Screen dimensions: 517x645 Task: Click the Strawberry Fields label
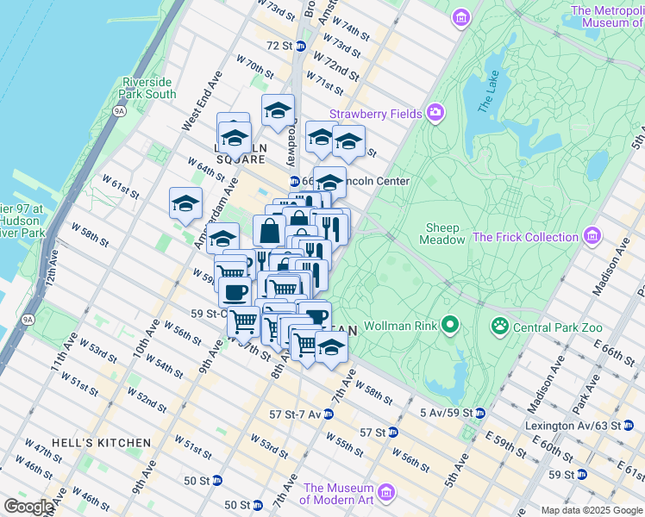pyautogui.click(x=375, y=114)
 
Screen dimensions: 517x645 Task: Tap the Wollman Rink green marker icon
pyautogui.click(x=449, y=326)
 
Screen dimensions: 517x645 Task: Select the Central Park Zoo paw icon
pyautogui.click(x=499, y=326)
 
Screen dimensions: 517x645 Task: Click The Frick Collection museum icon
pyautogui.click(x=592, y=235)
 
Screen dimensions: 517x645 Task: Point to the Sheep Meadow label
pyautogui.click(x=442, y=234)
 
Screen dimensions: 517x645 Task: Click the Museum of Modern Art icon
pyautogui.click(x=385, y=493)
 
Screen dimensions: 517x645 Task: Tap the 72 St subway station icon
pyautogui.click(x=300, y=46)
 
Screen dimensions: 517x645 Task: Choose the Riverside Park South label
pyautogui.click(x=148, y=88)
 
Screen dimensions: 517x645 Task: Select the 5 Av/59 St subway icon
pyautogui.click(x=479, y=413)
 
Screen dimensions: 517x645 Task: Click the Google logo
pyautogui.click(x=28, y=507)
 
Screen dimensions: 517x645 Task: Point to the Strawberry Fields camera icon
pyautogui.click(x=435, y=113)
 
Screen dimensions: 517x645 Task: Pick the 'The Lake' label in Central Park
pyautogui.click(x=488, y=97)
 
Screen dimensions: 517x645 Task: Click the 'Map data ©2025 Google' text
pyautogui.click(x=591, y=510)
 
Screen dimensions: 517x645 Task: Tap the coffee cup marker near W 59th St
pyautogui.click(x=234, y=293)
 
